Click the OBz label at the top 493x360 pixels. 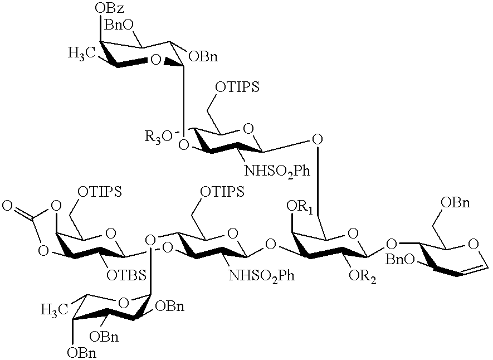coord(108,9)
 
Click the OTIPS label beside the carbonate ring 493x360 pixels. coord(100,192)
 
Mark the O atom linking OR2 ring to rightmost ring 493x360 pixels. coord(392,243)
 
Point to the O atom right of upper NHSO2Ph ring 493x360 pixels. coord(318,138)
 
